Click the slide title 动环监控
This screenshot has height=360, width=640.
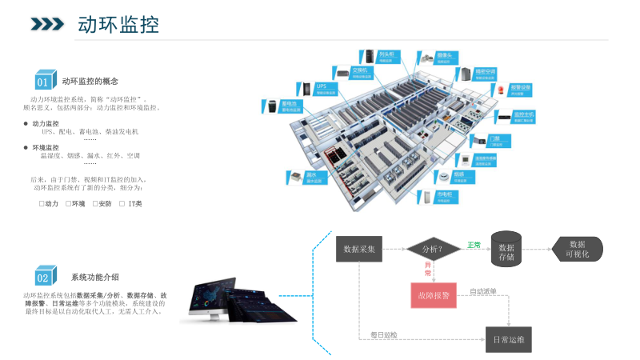tap(118, 25)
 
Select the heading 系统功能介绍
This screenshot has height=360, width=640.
tap(95, 277)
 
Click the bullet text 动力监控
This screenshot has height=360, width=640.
tap(46, 123)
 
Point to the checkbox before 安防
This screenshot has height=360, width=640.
tap(94, 204)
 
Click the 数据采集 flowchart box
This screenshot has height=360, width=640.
tap(358, 249)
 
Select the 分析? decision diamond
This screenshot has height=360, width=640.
tap(434, 249)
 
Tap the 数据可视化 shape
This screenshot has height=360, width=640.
tap(578, 249)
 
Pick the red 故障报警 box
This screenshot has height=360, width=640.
tap(433, 294)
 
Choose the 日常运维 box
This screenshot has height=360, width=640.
tap(509, 339)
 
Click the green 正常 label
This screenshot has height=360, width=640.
tap(474, 245)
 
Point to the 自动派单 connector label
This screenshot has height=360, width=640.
tap(482, 291)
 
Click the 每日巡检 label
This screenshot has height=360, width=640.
tap(383, 334)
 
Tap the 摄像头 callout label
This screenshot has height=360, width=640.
tap(446, 57)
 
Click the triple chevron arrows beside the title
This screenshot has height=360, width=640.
tap(47, 24)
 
